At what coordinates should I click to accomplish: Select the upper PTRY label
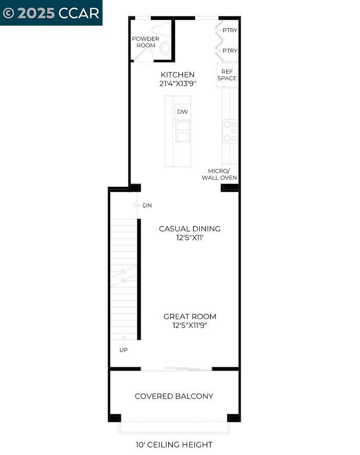pos(230,30)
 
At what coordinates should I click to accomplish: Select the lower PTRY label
pos(230,51)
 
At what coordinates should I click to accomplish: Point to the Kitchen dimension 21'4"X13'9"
pos(177,84)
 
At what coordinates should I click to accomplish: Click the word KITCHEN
pos(177,75)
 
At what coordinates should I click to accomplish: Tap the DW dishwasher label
pos(182,112)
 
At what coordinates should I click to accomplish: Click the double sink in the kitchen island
pos(183,131)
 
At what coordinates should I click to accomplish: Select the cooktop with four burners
pos(230,131)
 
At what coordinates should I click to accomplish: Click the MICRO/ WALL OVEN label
pos(222,174)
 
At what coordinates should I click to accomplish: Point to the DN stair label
pos(147,206)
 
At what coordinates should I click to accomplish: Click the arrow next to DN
pos(136,206)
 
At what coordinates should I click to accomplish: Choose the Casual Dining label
pos(190,229)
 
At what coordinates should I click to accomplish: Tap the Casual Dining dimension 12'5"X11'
pos(190,238)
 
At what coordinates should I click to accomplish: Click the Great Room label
pos(190,316)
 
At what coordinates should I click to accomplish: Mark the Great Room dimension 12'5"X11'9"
pos(190,325)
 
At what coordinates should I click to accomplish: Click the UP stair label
pos(124,350)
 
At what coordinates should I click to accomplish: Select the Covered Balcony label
pos(174,396)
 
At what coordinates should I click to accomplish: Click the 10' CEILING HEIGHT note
pos(173,445)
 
